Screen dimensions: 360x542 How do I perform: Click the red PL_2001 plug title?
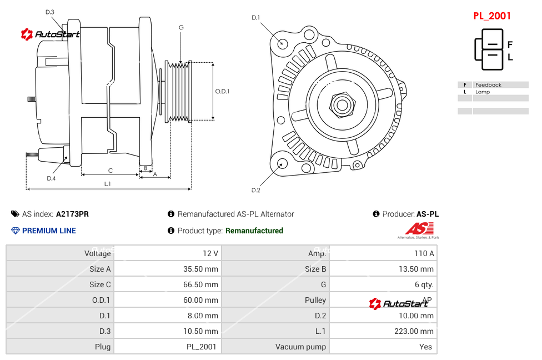point(491,16)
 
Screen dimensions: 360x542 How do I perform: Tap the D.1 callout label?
point(255,18)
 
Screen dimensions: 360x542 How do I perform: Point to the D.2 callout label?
point(255,190)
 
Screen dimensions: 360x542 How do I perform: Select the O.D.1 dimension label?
point(222,91)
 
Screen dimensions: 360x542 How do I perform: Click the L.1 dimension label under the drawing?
point(108,184)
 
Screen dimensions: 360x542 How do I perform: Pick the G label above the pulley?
point(181,27)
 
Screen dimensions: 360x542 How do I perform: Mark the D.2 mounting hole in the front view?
point(282,163)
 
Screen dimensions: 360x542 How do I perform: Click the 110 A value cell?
point(424,253)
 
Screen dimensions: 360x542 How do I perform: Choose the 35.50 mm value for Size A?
point(200,269)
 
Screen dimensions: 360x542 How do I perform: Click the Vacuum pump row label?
point(300,347)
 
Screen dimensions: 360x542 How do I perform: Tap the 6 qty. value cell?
point(424,284)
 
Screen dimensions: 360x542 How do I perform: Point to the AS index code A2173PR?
point(72,214)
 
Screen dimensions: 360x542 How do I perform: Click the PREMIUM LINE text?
point(49,231)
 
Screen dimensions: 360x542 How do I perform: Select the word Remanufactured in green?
point(254,231)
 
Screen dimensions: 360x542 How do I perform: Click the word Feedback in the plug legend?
point(488,85)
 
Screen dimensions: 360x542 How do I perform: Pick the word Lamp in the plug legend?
point(483,92)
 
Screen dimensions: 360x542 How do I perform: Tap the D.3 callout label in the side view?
point(49,12)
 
